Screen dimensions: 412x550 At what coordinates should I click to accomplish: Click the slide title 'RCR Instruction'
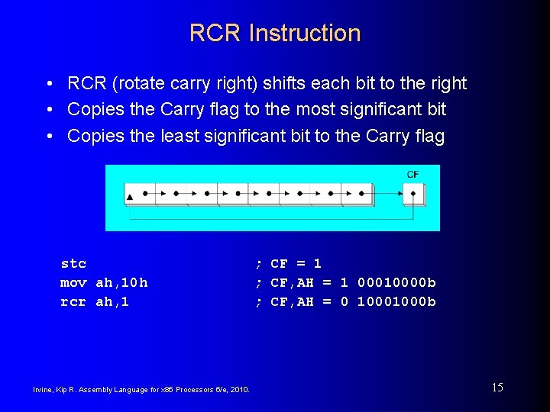click(275, 33)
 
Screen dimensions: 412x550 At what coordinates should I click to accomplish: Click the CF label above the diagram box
click(412, 175)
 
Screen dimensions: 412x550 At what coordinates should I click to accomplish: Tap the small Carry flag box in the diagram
click(413, 193)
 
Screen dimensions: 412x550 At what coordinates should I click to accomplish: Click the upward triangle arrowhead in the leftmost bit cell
click(130, 197)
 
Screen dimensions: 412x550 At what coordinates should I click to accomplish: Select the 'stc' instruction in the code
click(73, 264)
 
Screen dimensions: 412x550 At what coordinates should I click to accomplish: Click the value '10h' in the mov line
click(134, 283)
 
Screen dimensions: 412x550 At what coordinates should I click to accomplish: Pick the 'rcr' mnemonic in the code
click(73, 302)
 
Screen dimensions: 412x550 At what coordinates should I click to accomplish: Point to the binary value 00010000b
click(396, 283)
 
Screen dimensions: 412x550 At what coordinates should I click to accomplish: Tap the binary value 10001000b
click(396, 302)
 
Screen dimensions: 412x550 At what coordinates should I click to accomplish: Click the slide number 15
click(497, 388)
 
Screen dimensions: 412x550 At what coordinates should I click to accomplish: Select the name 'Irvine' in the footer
click(43, 390)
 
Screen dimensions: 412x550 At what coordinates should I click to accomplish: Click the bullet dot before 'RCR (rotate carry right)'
click(48, 84)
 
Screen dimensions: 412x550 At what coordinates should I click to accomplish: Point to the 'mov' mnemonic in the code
click(73, 283)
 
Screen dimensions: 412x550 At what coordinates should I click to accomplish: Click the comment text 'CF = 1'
click(296, 264)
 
